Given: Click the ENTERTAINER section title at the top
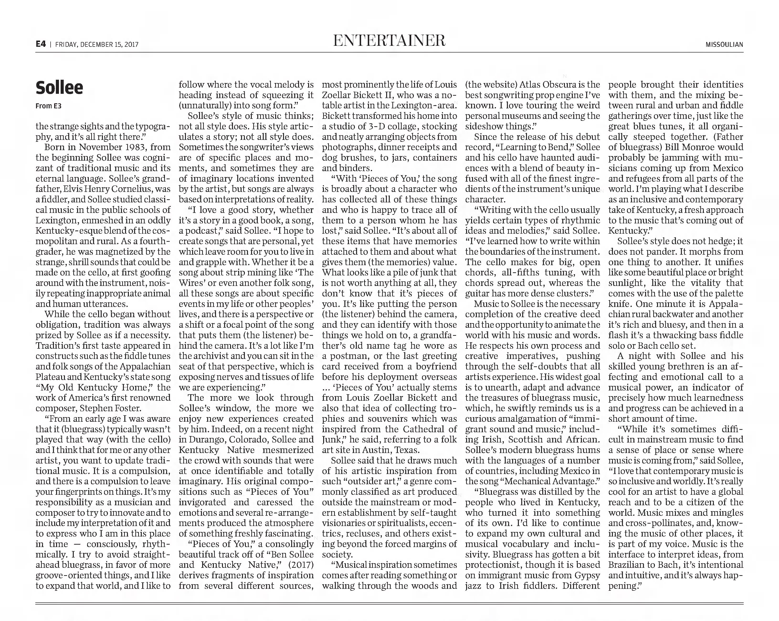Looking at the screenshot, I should [389, 41].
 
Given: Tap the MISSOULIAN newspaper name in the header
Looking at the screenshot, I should [724, 45].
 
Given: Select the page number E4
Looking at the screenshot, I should [41, 44].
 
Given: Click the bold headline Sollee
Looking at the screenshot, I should [59, 88].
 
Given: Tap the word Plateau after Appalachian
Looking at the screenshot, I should [50, 377].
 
